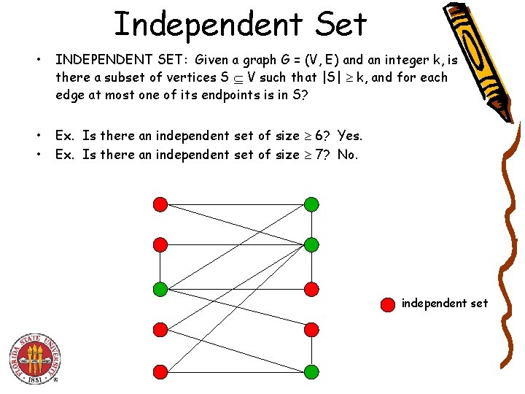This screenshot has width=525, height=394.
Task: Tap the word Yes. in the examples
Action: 349,135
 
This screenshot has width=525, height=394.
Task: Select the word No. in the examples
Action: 348,154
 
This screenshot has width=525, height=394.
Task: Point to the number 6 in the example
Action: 319,135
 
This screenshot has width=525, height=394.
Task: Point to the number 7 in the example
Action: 319,154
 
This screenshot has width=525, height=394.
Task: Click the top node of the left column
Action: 160,204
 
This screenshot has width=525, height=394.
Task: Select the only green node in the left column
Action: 160,289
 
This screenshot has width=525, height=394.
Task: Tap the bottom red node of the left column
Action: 160,372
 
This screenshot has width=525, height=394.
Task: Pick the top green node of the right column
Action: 311,204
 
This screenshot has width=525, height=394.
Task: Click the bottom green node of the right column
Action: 311,372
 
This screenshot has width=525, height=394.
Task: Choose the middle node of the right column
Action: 311,289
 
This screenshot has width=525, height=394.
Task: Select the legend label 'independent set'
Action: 445,303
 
